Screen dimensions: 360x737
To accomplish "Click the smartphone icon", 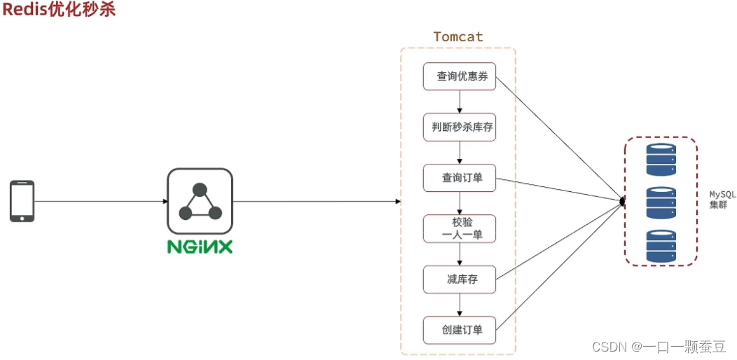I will pos(22,201).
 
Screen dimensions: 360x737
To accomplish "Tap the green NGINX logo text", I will pos(200,247).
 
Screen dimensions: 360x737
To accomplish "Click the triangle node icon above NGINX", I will pos(200,201).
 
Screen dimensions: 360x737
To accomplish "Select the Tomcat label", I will pos(458,36).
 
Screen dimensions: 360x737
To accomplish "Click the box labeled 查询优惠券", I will pos(460,76).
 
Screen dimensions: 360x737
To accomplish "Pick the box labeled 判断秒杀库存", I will pos(460,127).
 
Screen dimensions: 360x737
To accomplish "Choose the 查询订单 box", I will pos(460,178).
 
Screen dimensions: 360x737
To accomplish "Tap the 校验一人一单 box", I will pos(460,228).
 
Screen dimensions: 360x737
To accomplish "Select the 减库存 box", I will pos(460,279).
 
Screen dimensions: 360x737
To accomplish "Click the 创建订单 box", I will pos(460,330).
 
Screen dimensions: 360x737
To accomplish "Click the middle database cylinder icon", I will pos(661,202).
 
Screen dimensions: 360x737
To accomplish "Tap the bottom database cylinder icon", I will pos(661,246).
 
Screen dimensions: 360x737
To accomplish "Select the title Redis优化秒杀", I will pos(58,10).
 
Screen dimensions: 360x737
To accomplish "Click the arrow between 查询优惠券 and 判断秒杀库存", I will pos(460,102).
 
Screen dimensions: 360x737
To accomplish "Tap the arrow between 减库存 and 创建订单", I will pos(460,305).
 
